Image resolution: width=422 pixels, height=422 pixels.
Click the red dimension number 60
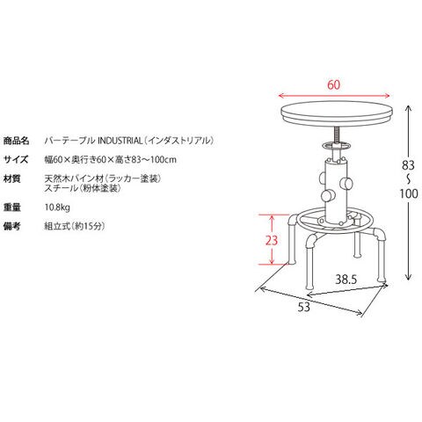[x=334, y=84]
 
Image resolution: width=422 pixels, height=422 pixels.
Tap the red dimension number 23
[x=272, y=240]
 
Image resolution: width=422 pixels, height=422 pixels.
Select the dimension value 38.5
[x=346, y=280]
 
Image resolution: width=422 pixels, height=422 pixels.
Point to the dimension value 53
[x=304, y=307]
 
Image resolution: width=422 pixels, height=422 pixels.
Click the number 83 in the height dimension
[x=408, y=165]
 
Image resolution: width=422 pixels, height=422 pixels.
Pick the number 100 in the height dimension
[x=409, y=193]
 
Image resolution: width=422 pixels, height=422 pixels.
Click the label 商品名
[x=16, y=141]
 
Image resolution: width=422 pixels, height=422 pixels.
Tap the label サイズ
[x=16, y=160]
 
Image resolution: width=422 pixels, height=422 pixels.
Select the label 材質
[x=12, y=178]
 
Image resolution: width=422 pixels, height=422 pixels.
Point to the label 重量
[x=12, y=207]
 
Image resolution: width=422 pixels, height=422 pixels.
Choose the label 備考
[x=12, y=226]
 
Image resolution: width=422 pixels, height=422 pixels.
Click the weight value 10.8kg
[x=57, y=207]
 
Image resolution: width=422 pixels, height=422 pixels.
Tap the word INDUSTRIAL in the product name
[x=120, y=141]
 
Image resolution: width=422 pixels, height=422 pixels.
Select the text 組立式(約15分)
[x=75, y=226]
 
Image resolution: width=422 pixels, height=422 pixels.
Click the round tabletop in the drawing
[x=337, y=113]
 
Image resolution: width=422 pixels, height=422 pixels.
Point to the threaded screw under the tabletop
[x=336, y=135]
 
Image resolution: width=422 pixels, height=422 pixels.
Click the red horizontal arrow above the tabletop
[x=334, y=96]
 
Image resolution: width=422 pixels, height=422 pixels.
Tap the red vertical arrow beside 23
[x=273, y=239]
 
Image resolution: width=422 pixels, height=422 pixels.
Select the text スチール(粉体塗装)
[x=83, y=188]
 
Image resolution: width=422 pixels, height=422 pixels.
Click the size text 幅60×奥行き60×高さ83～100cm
[x=111, y=160]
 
